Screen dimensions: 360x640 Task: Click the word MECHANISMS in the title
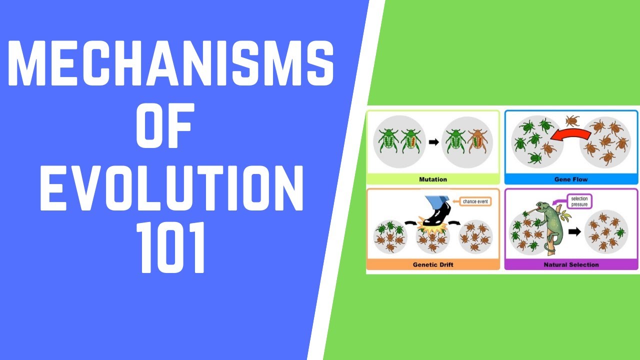[170, 64]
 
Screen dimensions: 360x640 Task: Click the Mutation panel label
[433, 179]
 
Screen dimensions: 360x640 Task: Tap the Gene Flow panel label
[570, 179]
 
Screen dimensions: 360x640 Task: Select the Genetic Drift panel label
[433, 264]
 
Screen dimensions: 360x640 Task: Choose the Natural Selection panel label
[570, 264]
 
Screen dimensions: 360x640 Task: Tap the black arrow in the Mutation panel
[433, 142]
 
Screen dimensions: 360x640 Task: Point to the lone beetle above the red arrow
[571, 120]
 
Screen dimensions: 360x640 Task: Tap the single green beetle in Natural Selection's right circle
[620, 232]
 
